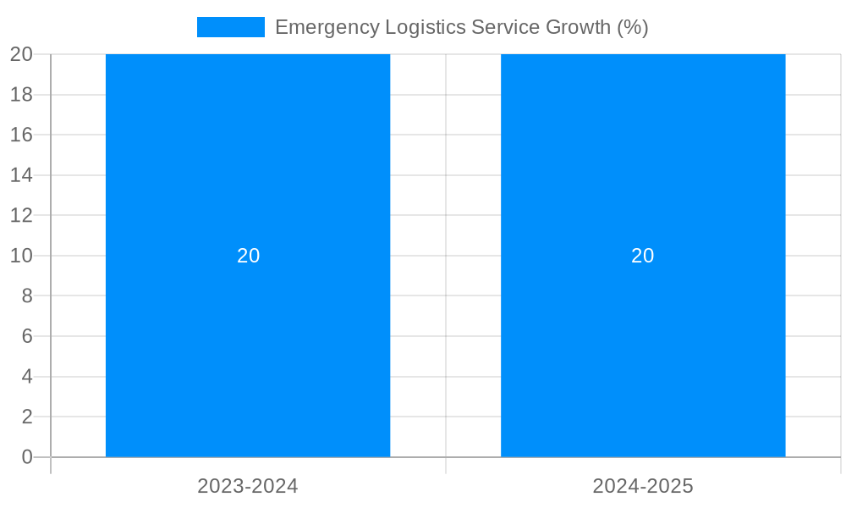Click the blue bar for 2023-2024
248,169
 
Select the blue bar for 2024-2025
643,169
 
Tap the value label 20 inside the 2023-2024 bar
248,256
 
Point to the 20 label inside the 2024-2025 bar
643,256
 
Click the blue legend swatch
230,27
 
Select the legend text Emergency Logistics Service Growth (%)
461,27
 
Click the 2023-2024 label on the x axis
248,486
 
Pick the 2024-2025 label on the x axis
643,486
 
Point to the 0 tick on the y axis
26,457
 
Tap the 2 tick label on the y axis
26,417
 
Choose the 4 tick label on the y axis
26,377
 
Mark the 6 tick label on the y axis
26,336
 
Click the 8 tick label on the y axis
26,295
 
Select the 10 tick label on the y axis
21,256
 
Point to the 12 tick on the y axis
21,215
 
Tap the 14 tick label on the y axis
21,175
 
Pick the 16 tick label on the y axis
21,135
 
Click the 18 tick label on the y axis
21,95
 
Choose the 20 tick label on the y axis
21,54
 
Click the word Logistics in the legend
425,27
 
